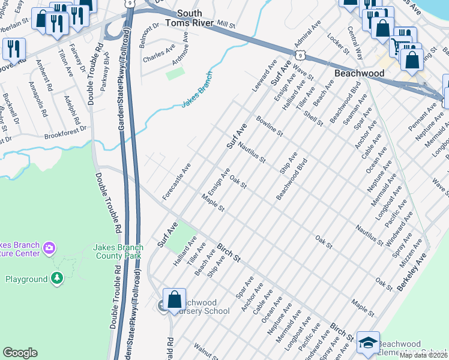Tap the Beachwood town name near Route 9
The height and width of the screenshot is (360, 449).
(x=359, y=73)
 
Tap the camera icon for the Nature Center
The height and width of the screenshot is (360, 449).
(x=49, y=248)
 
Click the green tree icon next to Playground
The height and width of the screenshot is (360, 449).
(x=56, y=278)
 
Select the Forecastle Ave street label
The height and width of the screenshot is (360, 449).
(x=176, y=182)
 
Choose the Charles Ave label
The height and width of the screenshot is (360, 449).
(x=159, y=56)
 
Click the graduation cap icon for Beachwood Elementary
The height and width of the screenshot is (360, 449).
(x=367, y=342)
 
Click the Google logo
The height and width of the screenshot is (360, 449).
(x=20, y=353)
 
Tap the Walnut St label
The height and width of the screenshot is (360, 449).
(x=205, y=350)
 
